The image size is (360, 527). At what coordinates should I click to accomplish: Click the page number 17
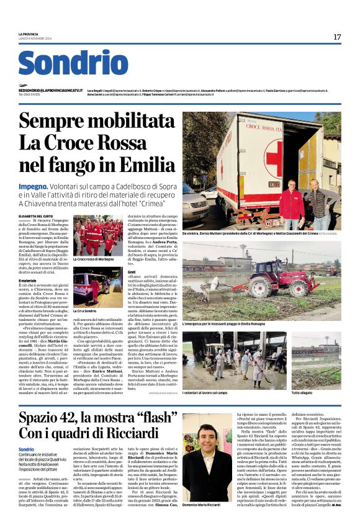click(337, 37)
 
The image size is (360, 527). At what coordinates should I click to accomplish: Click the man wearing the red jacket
click(291, 201)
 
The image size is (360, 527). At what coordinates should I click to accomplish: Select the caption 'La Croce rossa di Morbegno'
click(94, 259)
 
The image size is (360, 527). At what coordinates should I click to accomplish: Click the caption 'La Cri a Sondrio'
click(85, 310)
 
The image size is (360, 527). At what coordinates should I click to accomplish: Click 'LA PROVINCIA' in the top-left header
click(29, 34)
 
